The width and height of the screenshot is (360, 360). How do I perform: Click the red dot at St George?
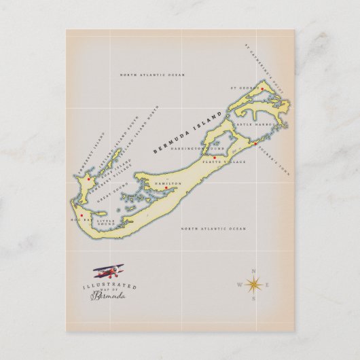pyautogui.click(x=261, y=89)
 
